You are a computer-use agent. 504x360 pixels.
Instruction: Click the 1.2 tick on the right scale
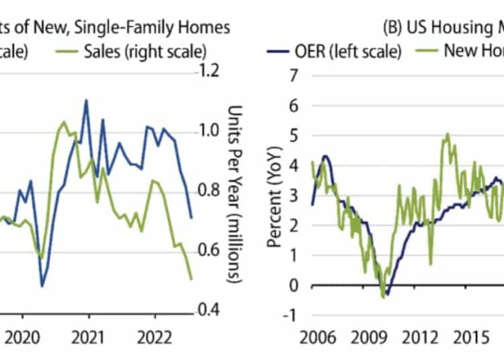coord(208,70)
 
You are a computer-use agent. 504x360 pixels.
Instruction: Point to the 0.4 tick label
coord(208,310)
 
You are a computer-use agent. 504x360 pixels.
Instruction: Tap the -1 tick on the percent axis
coord(290,314)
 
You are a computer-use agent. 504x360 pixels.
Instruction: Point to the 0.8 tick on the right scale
coord(208,190)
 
